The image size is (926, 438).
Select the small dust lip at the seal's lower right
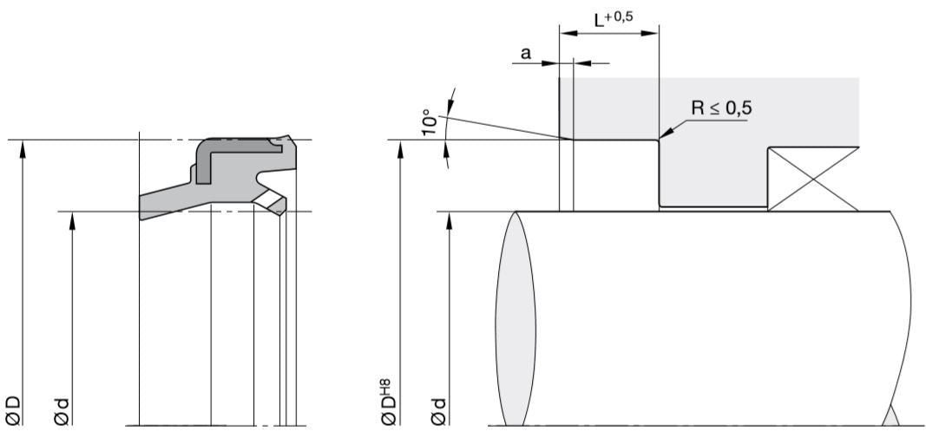274,205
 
